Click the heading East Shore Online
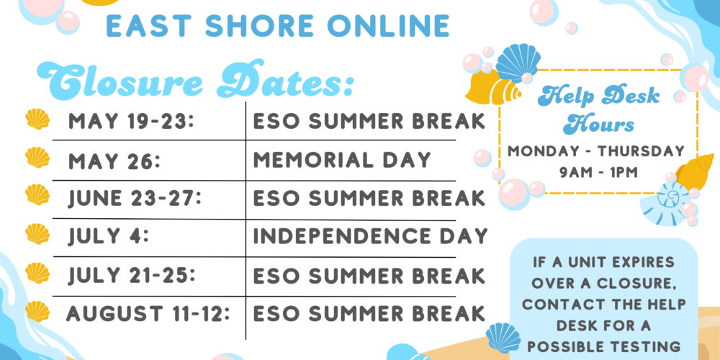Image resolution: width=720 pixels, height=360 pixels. pyautogui.click(x=278, y=27)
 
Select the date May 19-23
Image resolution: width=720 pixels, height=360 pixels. pyautogui.click(x=130, y=122)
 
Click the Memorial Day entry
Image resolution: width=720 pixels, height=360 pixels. pyautogui.click(x=342, y=160)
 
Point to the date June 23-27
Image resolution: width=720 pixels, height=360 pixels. pyautogui.click(x=135, y=199)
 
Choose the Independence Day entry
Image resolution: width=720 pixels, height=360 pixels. pyautogui.click(x=370, y=236)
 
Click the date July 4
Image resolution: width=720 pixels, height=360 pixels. pyautogui.click(x=109, y=236)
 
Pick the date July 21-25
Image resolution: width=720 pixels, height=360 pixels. pyautogui.click(x=132, y=276)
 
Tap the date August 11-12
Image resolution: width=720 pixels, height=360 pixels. pyautogui.click(x=148, y=313)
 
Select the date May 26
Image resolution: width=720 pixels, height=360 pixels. pyautogui.click(x=114, y=161)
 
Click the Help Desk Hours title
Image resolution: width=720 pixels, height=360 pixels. pyautogui.click(x=599, y=109)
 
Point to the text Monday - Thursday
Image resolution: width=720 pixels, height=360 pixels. pyautogui.click(x=596, y=151)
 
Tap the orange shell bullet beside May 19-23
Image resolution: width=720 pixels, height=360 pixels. pyautogui.click(x=37, y=119)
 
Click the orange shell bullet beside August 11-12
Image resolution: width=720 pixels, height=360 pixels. pyautogui.click(x=37, y=311)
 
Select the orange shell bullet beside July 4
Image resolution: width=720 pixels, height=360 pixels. pyautogui.click(x=37, y=234)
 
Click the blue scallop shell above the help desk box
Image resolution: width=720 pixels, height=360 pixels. pyautogui.click(x=518, y=63)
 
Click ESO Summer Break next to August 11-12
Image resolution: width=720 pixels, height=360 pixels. pyautogui.click(x=369, y=313)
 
